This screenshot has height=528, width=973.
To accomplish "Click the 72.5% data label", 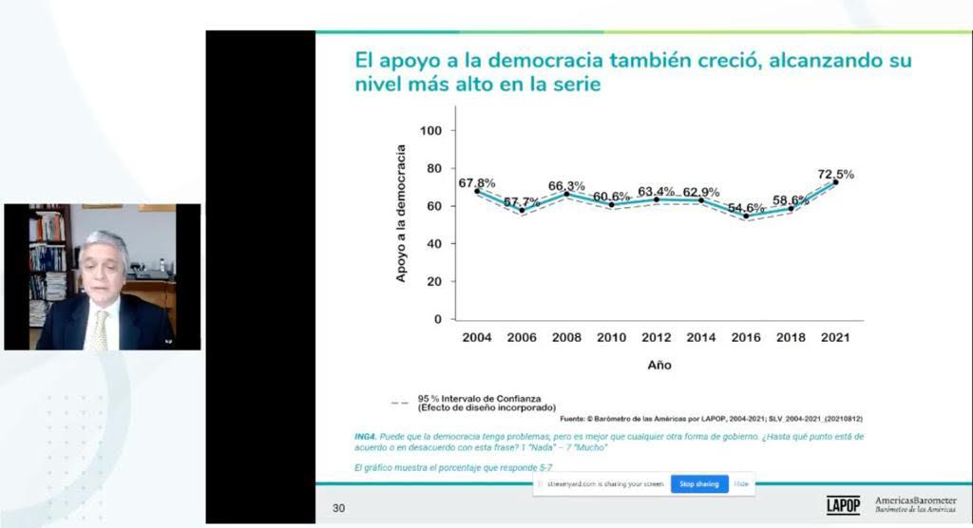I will coord(835,174).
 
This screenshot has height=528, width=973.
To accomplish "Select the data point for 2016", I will coord(746,216).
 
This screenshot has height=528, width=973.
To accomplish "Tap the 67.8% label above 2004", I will coord(477,182).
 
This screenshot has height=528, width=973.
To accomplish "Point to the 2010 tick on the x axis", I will coord(611,337).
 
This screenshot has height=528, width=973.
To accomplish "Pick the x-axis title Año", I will coord(658,365).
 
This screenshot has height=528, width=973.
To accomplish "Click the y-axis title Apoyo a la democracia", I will coord(401,213).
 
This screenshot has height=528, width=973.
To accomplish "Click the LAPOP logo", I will coord(843,504).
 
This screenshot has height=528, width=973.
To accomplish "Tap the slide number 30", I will coord(338,509).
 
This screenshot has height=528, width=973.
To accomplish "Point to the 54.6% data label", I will coord(746,207).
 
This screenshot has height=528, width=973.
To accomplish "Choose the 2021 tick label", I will coord(834,337).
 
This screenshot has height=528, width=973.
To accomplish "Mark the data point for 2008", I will coord(566,194).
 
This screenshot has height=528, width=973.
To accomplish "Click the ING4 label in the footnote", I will coord(365,437).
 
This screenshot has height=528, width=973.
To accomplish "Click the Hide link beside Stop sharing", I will coord(741,484).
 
